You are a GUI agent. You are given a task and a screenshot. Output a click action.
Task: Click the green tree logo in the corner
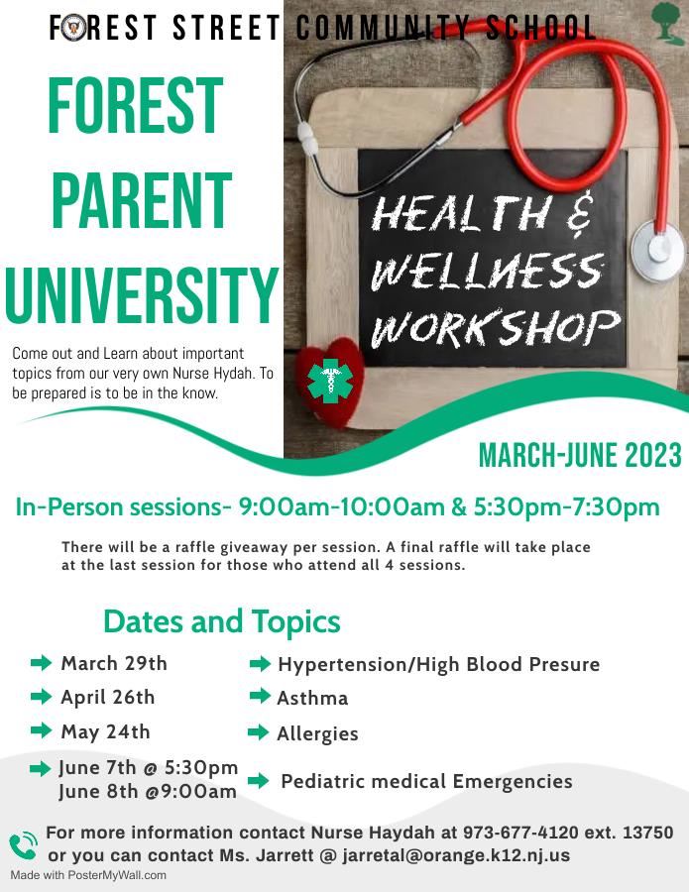click(667, 24)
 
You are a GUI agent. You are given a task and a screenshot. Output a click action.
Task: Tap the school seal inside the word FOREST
click(74, 29)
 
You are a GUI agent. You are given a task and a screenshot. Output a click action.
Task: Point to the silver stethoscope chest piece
click(658, 251)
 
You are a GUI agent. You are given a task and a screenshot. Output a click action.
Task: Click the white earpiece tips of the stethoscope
click(307, 138)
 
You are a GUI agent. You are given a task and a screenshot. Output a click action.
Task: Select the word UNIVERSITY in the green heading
click(142, 295)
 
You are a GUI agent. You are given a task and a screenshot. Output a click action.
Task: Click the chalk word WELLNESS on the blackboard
click(487, 272)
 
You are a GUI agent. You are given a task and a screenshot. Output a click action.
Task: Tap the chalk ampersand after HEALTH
click(580, 214)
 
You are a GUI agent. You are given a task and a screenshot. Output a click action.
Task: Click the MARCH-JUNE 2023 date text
click(580, 455)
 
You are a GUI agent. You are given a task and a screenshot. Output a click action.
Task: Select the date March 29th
click(114, 663)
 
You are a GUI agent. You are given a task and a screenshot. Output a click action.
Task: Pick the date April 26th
click(107, 698)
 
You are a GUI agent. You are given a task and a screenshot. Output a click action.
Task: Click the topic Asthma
click(312, 698)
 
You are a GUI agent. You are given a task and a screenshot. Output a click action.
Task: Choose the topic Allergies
click(317, 733)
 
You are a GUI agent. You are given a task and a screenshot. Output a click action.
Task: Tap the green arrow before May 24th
click(41, 730)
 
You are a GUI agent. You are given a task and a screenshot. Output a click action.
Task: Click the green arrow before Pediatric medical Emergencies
click(259, 781)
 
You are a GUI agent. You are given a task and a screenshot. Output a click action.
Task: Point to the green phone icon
click(24, 846)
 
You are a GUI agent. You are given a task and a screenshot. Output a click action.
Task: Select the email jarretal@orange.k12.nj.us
click(456, 855)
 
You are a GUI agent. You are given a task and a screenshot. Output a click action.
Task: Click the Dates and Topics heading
click(222, 621)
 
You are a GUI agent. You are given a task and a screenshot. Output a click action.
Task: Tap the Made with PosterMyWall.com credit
click(88, 875)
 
